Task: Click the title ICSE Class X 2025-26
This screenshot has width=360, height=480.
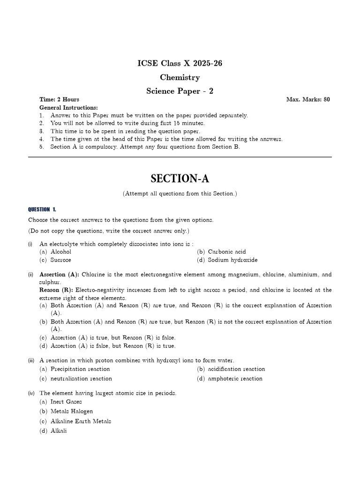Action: tap(180, 63)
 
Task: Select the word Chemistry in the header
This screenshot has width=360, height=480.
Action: tap(180, 77)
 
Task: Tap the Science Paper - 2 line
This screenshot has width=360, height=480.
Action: tap(180, 91)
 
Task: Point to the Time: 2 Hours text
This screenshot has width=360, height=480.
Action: tap(59, 99)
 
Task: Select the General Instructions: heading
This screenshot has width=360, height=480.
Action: tap(68, 107)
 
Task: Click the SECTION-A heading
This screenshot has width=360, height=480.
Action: tap(180, 178)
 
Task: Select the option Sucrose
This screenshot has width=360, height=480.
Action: tap(61, 260)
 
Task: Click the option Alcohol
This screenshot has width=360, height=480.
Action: tap(61, 252)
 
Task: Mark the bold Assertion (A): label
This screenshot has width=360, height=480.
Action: tap(60, 275)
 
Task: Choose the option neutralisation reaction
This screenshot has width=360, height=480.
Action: tap(81, 379)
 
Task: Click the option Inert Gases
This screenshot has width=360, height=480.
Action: tap(66, 402)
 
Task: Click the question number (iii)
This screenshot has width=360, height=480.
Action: tap(31, 360)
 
